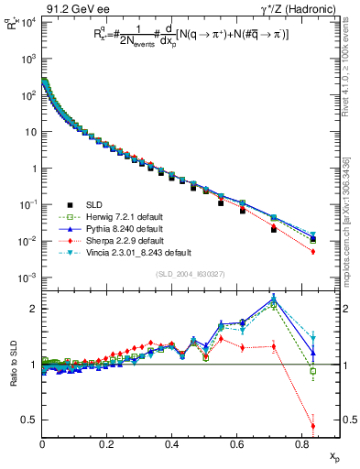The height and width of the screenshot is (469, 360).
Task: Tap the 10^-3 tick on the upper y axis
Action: click(27, 278)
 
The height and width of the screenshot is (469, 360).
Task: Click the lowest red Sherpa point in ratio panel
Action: click(313, 426)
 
